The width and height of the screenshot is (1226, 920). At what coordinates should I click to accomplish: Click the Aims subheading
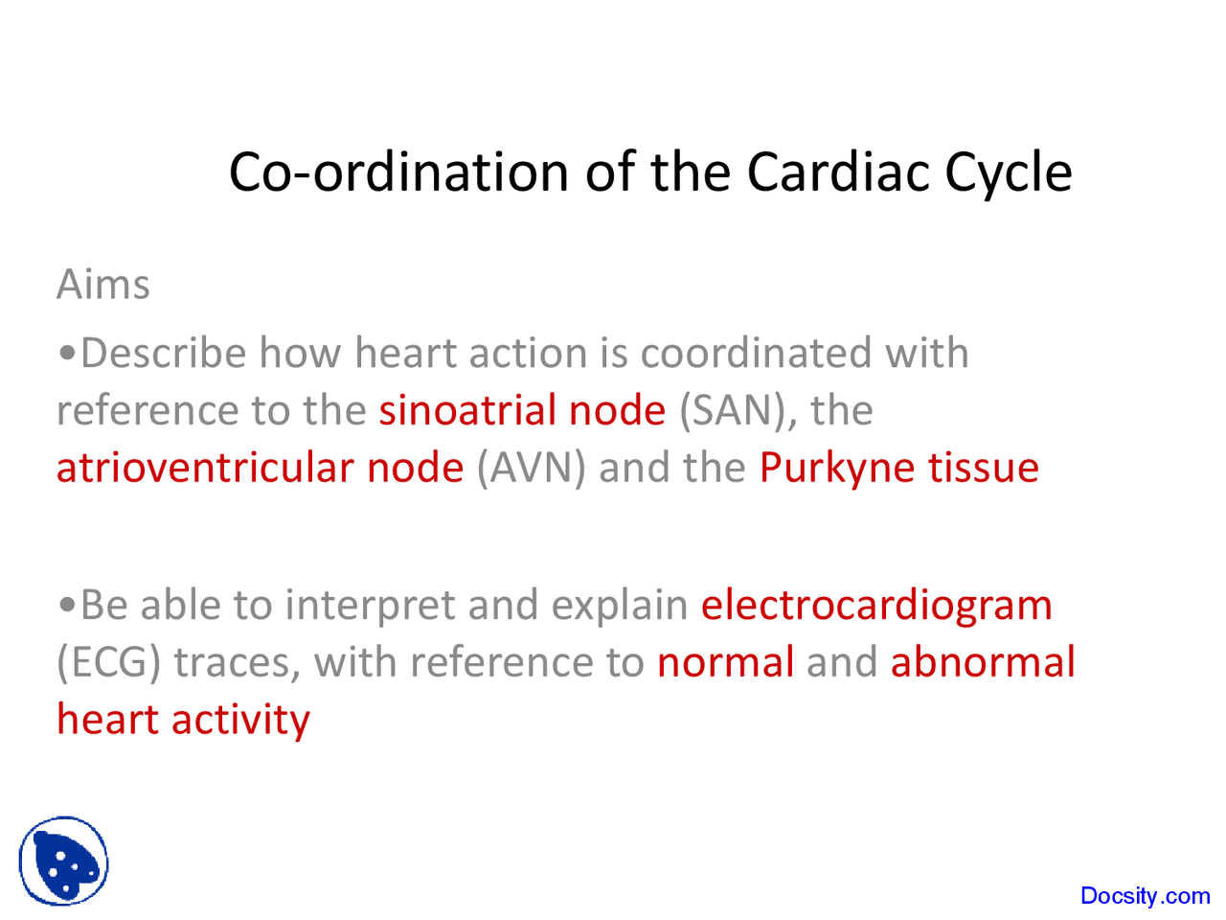[103, 285]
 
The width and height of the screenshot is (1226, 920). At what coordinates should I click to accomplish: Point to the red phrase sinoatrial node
[522, 410]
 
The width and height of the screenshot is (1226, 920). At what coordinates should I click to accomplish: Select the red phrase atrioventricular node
[260, 468]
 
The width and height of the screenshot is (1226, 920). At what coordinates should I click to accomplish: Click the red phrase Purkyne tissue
[898, 469]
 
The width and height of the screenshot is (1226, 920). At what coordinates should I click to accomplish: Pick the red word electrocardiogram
[876, 605]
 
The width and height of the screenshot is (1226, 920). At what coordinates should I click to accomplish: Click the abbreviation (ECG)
[109, 663]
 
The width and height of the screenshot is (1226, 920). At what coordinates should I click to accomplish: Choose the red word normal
[725, 662]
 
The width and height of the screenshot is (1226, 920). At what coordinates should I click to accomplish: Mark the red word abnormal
[983, 662]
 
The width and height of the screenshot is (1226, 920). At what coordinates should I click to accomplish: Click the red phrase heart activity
[183, 720]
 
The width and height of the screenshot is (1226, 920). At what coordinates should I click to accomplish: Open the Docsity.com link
[1145, 896]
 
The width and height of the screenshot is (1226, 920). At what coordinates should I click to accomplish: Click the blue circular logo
[63, 861]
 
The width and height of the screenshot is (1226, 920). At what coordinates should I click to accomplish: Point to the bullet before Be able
[67, 606]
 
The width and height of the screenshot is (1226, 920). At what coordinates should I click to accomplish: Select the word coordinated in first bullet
[756, 354]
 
